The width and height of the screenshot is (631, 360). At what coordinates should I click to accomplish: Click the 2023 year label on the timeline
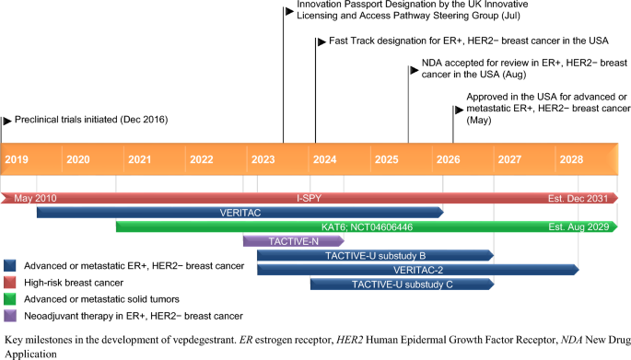click(x=263, y=159)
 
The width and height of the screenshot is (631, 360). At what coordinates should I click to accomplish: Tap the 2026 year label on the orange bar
click(x=448, y=159)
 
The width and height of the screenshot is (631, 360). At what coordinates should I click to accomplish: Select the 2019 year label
click(x=17, y=159)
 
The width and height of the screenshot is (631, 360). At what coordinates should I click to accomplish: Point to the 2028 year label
click(x=571, y=159)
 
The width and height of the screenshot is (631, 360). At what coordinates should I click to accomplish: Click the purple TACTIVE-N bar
click(x=293, y=241)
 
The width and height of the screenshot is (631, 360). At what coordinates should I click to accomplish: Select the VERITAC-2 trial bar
click(x=418, y=270)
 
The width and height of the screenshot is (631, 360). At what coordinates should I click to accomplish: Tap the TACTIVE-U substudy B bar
click(x=376, y=256)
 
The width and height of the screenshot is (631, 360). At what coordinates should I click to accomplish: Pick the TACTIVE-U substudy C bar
click(x=402, y=285)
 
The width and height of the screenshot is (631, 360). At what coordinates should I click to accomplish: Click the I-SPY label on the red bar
click(x=310, y=198)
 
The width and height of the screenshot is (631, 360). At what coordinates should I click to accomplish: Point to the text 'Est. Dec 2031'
click(x=578, y=198)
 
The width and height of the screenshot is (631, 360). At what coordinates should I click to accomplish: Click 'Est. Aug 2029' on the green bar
click(x=578, y=226)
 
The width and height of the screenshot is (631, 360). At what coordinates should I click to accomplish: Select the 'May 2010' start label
click(x=35, y=198)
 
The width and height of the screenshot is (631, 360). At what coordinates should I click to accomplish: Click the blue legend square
click(x=10, y=265)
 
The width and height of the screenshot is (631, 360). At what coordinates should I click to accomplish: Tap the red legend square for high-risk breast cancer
click(x=10, y=283)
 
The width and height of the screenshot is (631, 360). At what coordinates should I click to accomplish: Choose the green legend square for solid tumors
click(x=10, y=299)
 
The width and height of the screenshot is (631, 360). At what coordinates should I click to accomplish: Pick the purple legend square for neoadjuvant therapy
click(x=10, y=316)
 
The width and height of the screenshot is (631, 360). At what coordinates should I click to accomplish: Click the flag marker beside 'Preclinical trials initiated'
click(x=7, y=121)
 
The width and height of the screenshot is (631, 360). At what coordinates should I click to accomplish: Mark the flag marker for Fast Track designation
click(x=321, y=41)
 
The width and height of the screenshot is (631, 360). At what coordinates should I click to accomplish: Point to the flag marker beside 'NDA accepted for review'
click(x=415, y=70)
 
